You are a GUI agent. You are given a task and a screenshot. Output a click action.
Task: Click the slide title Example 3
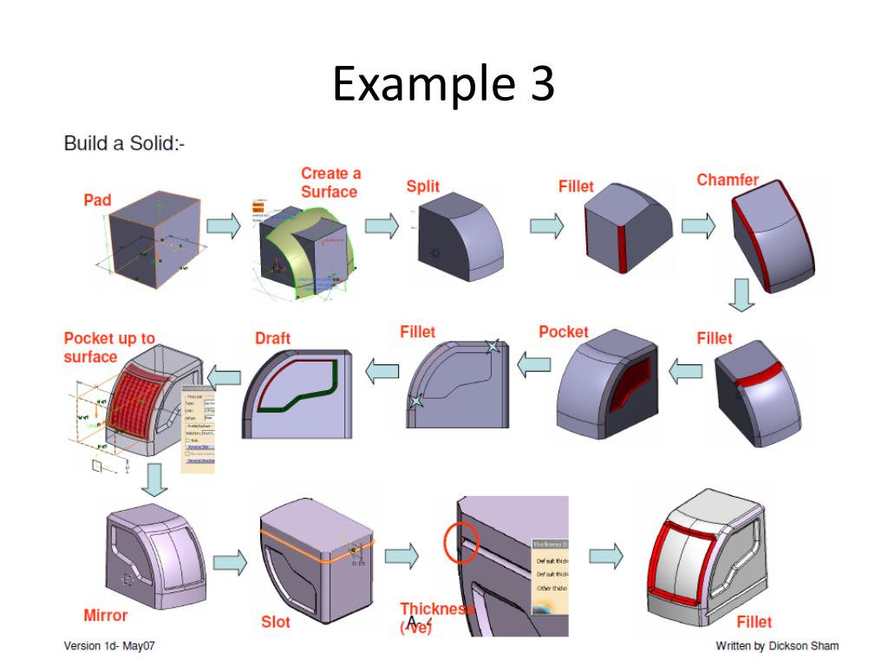pos(443,85)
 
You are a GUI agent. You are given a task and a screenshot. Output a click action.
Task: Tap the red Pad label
pos(97,200)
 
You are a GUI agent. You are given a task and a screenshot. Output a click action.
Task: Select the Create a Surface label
pos(330,183)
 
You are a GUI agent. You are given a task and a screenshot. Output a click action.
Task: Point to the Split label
pos(423,186)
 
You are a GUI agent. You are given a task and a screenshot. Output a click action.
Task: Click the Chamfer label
pos(728,180)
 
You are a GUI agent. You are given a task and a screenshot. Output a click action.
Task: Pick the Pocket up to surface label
pos(109,348)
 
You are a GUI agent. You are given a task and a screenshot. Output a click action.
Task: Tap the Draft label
pos(272,338)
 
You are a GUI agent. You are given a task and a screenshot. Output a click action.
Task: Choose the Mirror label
pos(106,616)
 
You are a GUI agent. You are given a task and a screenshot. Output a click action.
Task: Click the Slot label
pos(276,623)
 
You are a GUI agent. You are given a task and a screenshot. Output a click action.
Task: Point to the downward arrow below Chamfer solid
pos(740,296)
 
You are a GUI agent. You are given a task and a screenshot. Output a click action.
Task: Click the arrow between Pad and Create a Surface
pos(223,226)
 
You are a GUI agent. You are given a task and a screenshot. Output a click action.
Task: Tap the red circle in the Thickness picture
pos(461,542)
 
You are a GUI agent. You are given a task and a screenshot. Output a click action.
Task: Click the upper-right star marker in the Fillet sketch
pos(493,347)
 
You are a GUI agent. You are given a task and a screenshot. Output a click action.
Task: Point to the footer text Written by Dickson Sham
pos(777,646)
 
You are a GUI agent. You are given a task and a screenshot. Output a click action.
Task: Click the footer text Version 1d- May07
pos(109,646)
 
